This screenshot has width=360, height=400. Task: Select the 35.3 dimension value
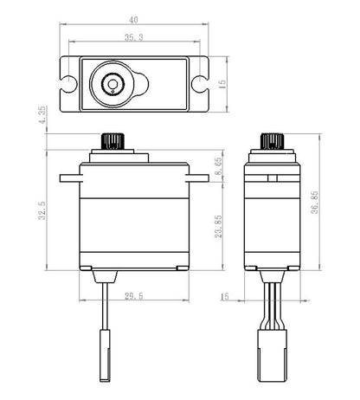[132, 38]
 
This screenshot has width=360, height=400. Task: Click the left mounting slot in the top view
[69, 84]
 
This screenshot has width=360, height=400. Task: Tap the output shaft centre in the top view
[112, 84]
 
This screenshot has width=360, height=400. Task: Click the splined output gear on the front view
[112, 140]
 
